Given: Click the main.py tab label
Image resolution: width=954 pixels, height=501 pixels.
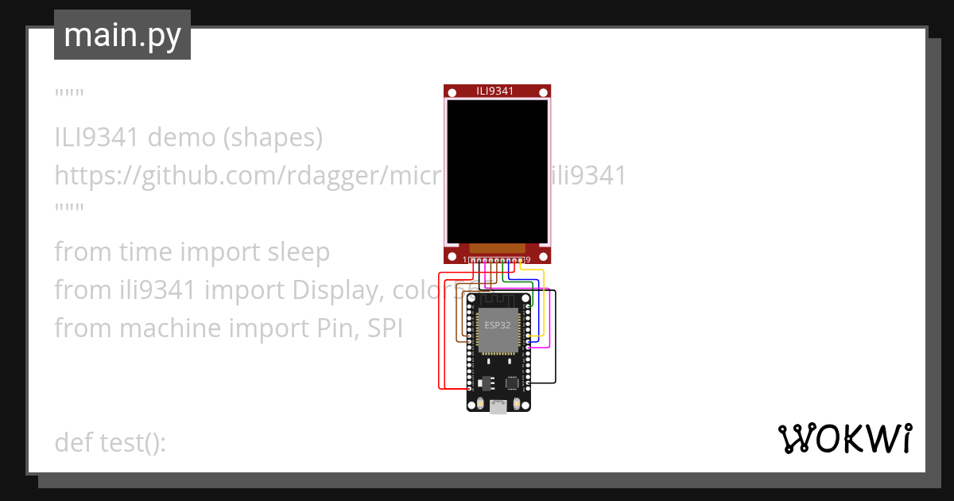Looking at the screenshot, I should [122, 35].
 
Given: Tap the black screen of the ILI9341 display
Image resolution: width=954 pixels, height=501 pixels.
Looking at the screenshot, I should [498, 171].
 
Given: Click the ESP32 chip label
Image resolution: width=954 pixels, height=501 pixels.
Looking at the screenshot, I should [498, 325].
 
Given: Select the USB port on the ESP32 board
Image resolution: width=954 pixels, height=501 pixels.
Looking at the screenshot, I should [498, 407].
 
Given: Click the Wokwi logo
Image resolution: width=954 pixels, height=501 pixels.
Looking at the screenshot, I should [844, 438].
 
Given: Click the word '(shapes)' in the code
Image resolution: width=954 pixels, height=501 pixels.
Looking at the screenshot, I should [272, 138].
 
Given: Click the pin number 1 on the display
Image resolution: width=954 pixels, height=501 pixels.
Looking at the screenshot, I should [465, 259].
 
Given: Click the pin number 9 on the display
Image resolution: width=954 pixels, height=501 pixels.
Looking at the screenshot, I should [528, 259].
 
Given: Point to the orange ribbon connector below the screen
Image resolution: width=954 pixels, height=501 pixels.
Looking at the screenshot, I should [498, 248].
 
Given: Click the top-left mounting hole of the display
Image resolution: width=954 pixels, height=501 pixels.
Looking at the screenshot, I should [452, 94].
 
